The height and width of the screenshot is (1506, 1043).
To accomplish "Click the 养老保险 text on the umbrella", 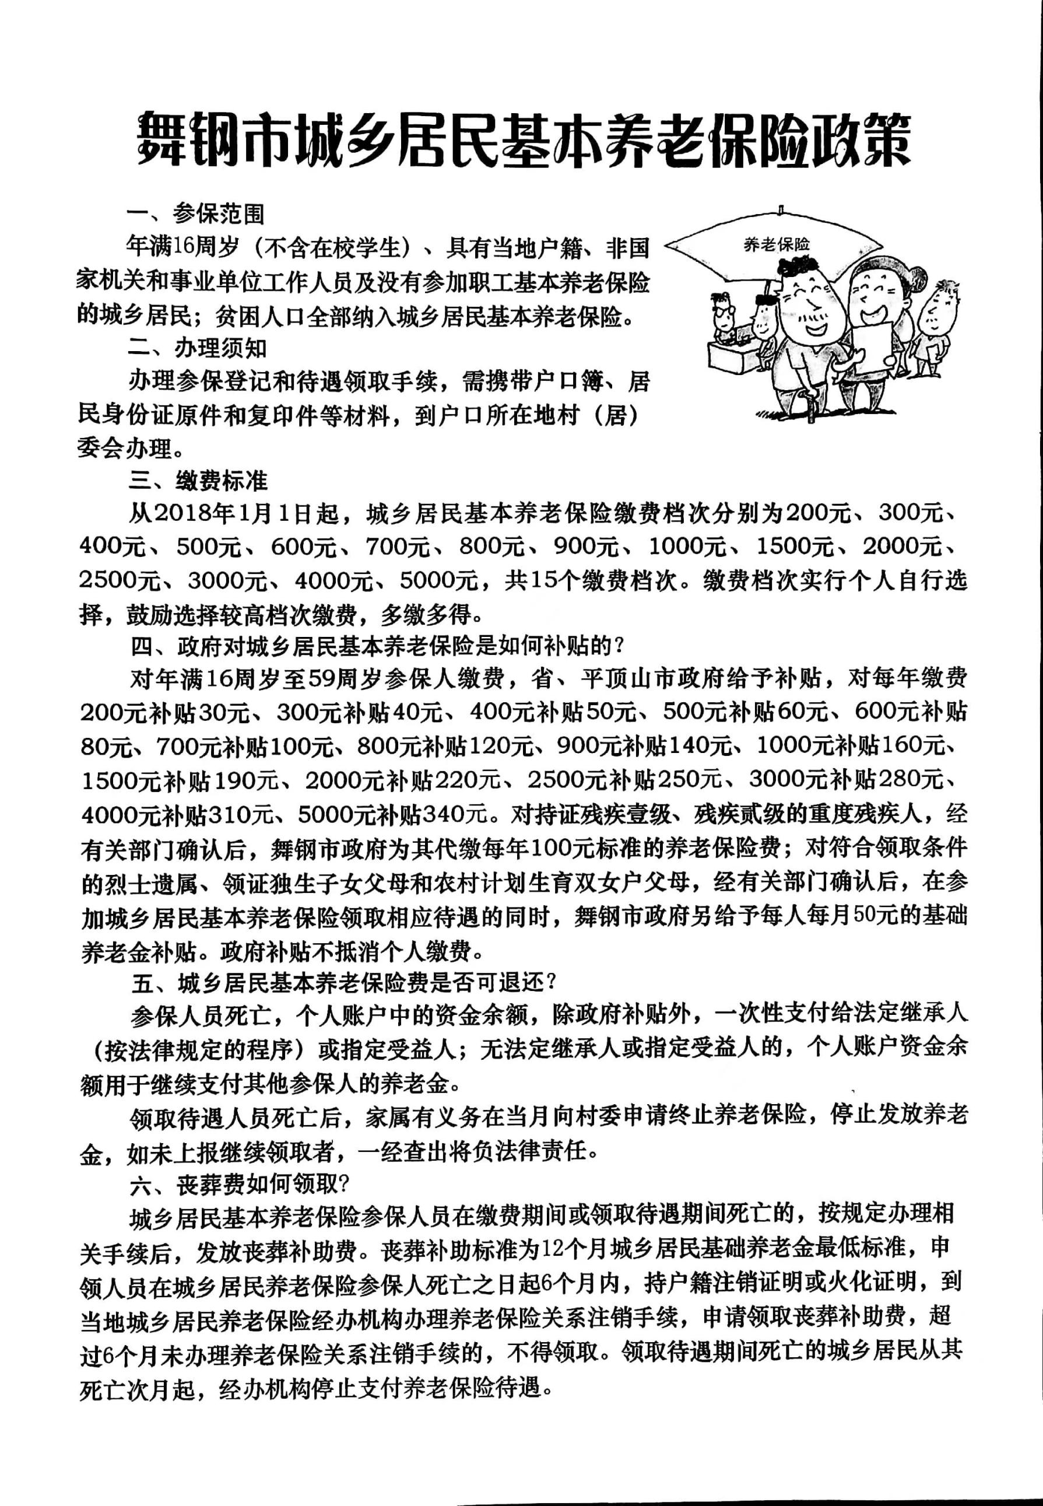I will pyautogui.click(x=777, y=245).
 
